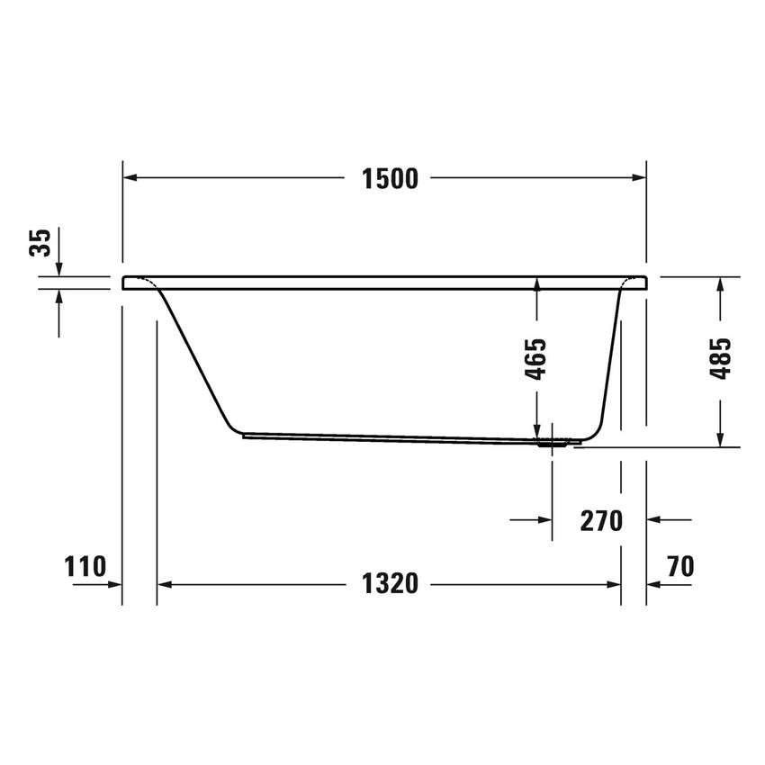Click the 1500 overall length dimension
tap(391, 179)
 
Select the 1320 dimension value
tap(391, 584)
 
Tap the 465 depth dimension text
tap(536, 359)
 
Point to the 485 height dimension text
tap(720, 359)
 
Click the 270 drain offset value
tap(602, 520)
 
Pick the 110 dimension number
tap(85, 566)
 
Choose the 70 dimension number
tap(680, 566)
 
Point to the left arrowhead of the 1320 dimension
tap(165, 584)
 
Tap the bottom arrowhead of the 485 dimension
tap(720, 440)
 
